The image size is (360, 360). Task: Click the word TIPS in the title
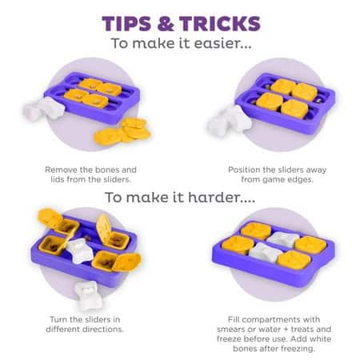click(126, 24)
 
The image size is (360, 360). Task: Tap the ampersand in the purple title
click(166, 24)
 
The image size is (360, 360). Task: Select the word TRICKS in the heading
click(220, 24)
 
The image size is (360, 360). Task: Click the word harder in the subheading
click(222, 198)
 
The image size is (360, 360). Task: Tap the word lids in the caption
click(58, 179)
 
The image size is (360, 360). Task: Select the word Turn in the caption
click(58, 319)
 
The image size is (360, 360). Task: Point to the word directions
click(103, 330)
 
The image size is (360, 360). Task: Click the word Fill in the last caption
click(234, 319)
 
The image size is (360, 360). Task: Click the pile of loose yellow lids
click(122, 131)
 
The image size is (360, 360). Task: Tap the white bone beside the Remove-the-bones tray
click(43, 109)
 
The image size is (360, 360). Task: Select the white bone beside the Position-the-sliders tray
click(230, 122)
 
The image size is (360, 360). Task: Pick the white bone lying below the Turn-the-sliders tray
click(87, 296)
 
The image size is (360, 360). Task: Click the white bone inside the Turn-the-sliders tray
click(79, 250)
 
